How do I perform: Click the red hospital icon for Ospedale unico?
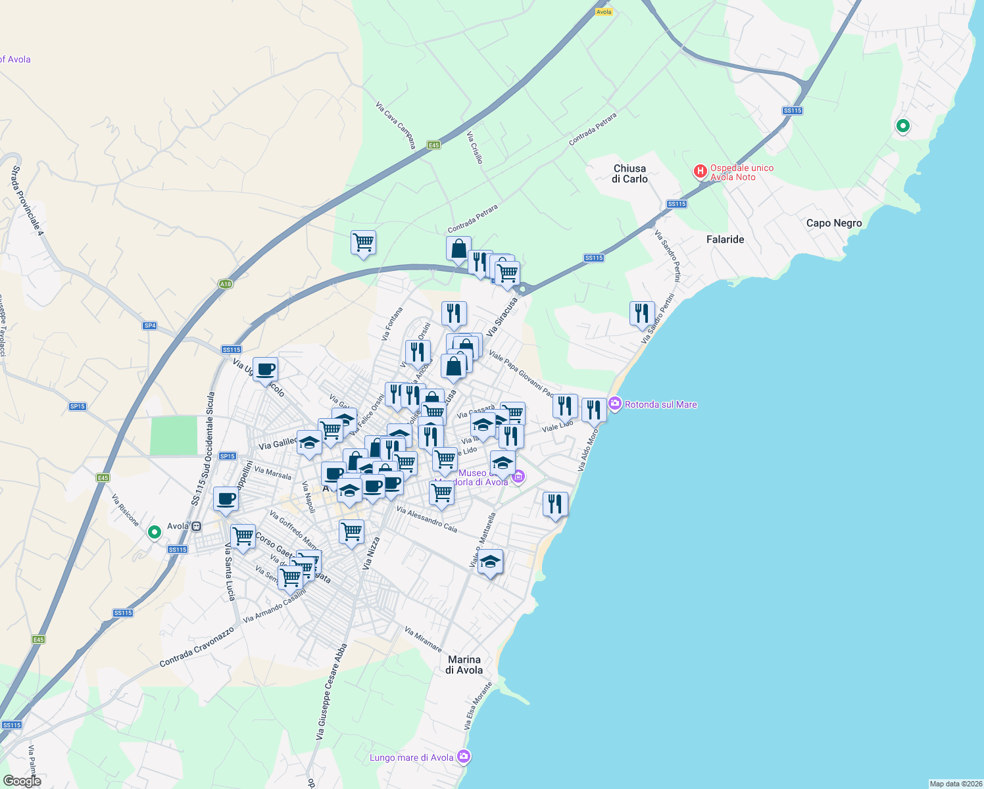point(701,172)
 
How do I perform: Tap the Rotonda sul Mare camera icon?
point(615,404)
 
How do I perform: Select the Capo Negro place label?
point(834,223)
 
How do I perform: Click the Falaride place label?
point(725,239)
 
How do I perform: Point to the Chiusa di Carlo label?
point(629,174)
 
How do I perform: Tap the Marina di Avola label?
point(464,665)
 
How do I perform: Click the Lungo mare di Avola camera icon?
point(464,757)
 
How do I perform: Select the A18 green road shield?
point(226,284)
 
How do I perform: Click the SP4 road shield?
point(150,325)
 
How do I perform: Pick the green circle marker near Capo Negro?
point(903,126)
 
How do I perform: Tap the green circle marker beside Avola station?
point(155,532)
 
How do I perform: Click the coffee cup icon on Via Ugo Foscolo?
point(265,370)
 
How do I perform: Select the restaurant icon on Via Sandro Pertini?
point(642,314)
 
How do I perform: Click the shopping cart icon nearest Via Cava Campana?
point(363,243)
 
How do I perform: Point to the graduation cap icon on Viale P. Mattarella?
point(490,562)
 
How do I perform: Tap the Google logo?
point(22,781)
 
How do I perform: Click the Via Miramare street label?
point(423,639)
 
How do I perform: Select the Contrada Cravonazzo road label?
point(197,647)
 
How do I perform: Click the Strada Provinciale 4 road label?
point(27,201)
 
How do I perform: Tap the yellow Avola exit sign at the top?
point(603,12)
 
